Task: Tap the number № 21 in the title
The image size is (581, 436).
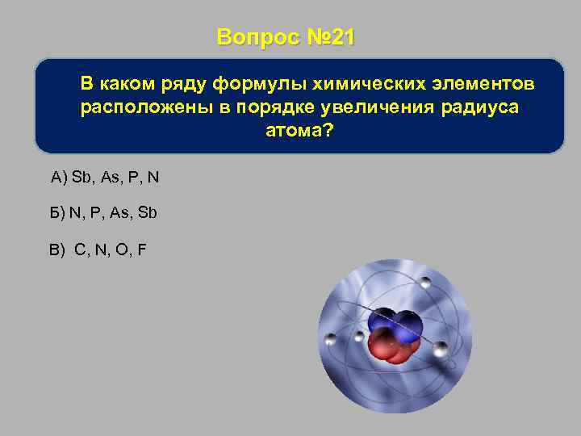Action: point(331,38)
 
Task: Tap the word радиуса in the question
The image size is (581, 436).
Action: point(478,108)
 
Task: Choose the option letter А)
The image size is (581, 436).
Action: point(59,178)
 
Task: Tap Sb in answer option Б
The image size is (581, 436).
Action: point(147,213)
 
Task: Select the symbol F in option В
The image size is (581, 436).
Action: point(142,249)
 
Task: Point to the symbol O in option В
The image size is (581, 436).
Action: point(122,249)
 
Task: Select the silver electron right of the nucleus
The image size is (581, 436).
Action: point(440,349)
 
